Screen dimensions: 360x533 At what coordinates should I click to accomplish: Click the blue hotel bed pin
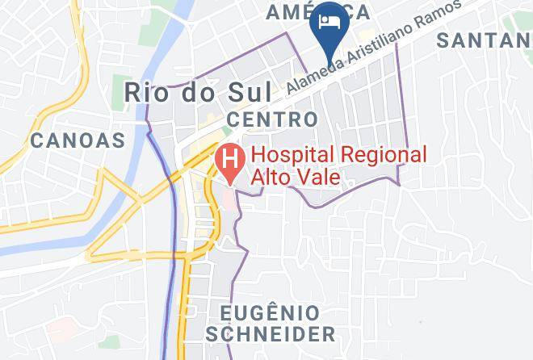tap(328, 24)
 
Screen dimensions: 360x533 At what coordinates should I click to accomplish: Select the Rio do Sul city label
tap(186, 91)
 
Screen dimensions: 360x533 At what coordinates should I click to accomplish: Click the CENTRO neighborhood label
tap(272, 119)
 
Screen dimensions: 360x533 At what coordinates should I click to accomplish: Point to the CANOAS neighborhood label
tap(78, 140)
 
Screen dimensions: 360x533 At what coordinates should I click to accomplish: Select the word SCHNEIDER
tap(271, 333)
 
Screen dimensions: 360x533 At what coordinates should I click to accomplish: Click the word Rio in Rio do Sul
tap(142, 91)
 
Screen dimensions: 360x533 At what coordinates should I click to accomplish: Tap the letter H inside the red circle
tap(231, 157)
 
